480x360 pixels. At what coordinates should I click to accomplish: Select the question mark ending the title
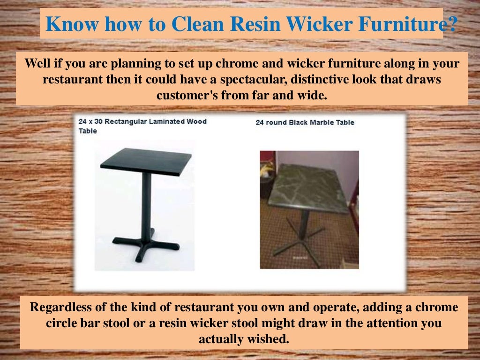pos(450,24)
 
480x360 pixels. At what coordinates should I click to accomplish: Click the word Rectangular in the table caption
pos(125,122)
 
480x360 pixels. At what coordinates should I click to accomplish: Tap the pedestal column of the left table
pos(146,202)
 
